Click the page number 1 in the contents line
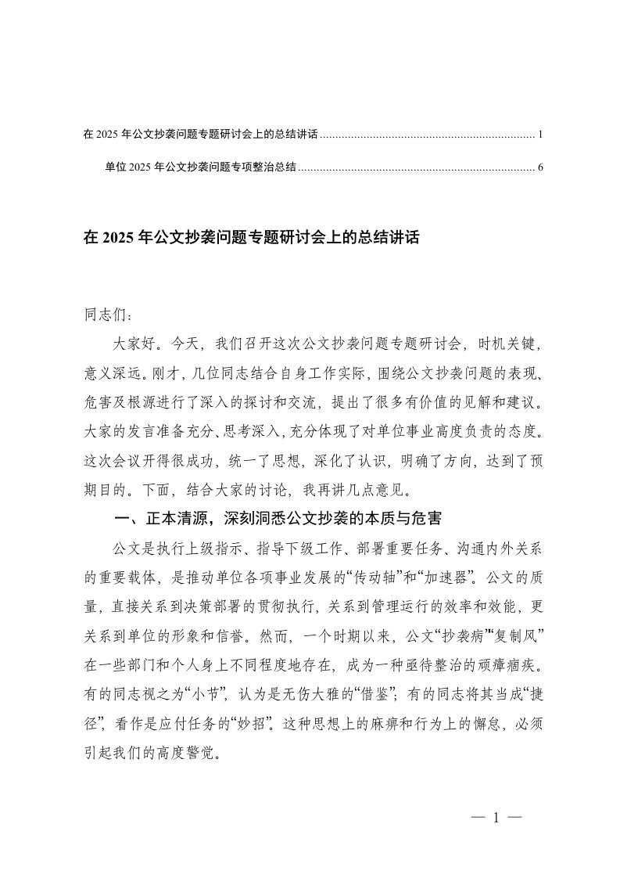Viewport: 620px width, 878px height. (540, 135)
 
